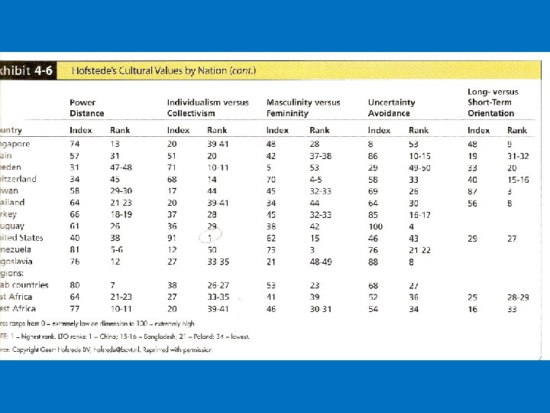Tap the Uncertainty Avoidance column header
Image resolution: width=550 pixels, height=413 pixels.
(x=391, y=107)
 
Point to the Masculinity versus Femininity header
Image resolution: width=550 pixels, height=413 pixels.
(x=303, y=107)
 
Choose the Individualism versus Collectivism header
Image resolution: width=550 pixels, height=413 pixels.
(x=208, y=107)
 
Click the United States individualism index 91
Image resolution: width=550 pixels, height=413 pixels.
(x=174, y=238)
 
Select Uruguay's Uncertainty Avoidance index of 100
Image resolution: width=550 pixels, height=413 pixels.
(x=375, y=226)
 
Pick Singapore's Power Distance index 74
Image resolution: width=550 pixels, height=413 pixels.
(x=76, y=144)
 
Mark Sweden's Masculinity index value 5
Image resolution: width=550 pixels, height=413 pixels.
(x=269, y=167)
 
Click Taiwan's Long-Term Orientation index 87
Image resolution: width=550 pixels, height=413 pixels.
(x=474, y=190)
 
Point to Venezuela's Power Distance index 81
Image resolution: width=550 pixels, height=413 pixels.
(x=76, y=249)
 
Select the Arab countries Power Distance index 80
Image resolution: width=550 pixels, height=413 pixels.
(x=76, y=285)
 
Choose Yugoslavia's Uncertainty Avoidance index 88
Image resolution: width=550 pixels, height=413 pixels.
(x=374, y=262)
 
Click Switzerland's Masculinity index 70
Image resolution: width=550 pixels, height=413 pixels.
(x=271, y=179)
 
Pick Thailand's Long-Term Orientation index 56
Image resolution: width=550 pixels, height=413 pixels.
(x=474, y=203)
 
